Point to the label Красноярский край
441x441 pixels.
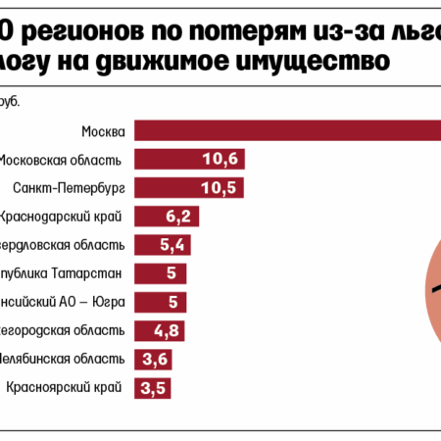tap(65, 388)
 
